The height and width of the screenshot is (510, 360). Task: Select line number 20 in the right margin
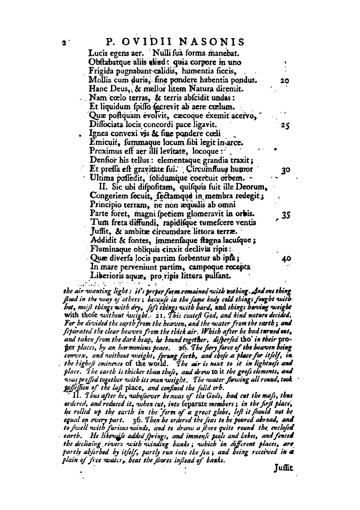pos(285,80)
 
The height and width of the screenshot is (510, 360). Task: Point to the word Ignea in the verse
pos(98,135)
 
